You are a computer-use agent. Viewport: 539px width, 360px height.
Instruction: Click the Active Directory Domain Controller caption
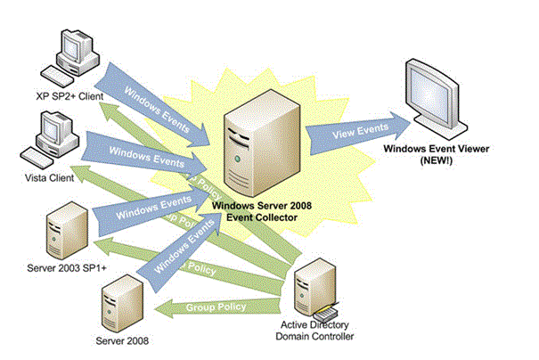[315, 331]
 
